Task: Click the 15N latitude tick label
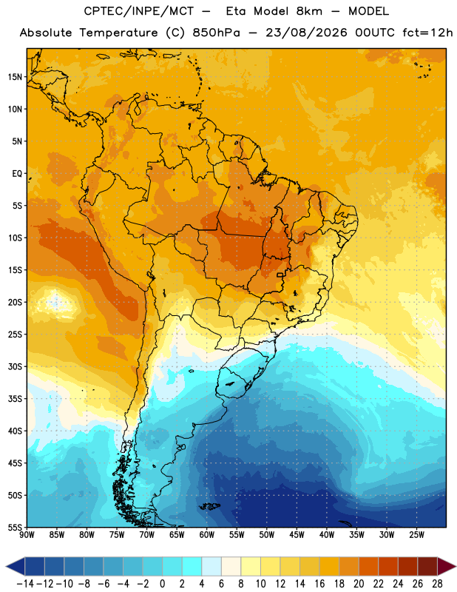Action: pyautogui.click(x=15, y=77)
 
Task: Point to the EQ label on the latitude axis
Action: pyautogui.click(x=17, y=174)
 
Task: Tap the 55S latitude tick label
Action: pyautogui.click(x=15, y=528)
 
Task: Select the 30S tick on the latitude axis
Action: pyautogui.click(x=15, y=366)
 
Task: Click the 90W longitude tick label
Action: pyautogui.click(x=27, y=534)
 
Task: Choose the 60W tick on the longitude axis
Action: pyautogui.click(x=207, y=534)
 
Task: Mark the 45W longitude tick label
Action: pyautogui.click(x=297, y=534)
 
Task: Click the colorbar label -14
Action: pyautogui.click(x=25, y=584)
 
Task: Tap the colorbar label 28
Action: pyautogui.click(x=437, y=584)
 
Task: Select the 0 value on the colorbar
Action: pyautogui.click(x=163, y=584)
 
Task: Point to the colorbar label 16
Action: pyautogui.click(x=319, y=584)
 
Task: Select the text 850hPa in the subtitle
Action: pyautogui.click(x=216, y=33)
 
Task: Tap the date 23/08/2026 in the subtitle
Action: pyautogui.click(x=306, y=33)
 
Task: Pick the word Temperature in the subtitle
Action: pyautogui.click(x=118, y=33)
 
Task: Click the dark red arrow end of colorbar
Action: pyautogui.click(x=447, y=566)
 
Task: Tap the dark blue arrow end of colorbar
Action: pyautogui.click(x=16, y=566)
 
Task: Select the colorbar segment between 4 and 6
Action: pyautogui.click(x=211, y=566)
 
